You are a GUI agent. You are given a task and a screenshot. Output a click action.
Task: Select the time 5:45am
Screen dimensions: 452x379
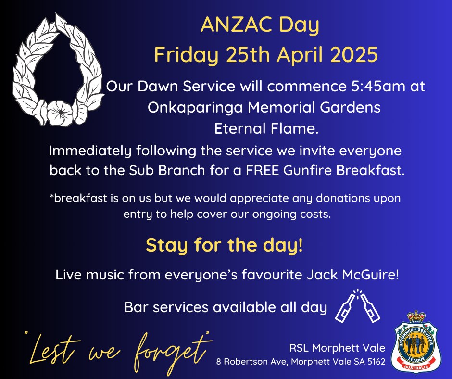(378, 87)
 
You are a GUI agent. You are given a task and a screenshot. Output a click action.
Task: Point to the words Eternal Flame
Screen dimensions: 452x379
(266, 128)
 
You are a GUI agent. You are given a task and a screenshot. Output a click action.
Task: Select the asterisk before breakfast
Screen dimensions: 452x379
(52, 197)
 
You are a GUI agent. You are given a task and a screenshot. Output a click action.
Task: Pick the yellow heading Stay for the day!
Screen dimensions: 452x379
(224, 245)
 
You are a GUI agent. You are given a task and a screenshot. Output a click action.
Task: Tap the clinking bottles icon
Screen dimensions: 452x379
(357, 305)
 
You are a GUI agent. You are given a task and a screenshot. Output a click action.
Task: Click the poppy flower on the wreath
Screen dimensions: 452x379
(61, 113)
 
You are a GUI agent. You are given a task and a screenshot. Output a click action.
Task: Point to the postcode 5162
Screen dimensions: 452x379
(376, 361)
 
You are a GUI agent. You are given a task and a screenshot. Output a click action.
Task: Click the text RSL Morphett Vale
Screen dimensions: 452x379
(337, 348)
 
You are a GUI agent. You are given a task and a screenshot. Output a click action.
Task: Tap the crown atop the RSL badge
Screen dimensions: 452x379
(415, 316)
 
